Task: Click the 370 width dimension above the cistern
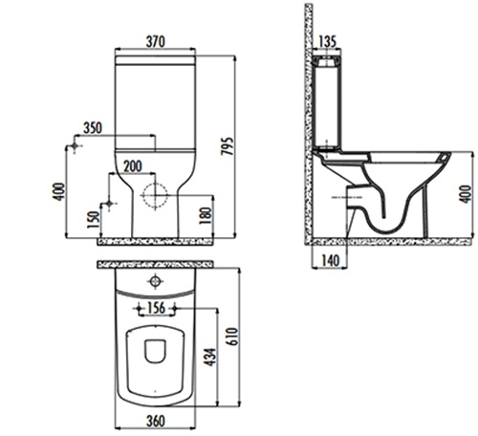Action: click(156, 42)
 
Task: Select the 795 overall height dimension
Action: click(228, 146)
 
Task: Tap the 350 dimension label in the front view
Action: click(93, 128)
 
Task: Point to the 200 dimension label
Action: click(133, 166)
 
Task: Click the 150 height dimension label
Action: click(93, 220)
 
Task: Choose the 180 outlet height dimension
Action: click(206, 216)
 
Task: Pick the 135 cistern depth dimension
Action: click(327, 42)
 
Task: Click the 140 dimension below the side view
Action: click(330, 261)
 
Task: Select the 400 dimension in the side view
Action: click(466, 194)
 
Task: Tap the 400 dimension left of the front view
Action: click(59, 191)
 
